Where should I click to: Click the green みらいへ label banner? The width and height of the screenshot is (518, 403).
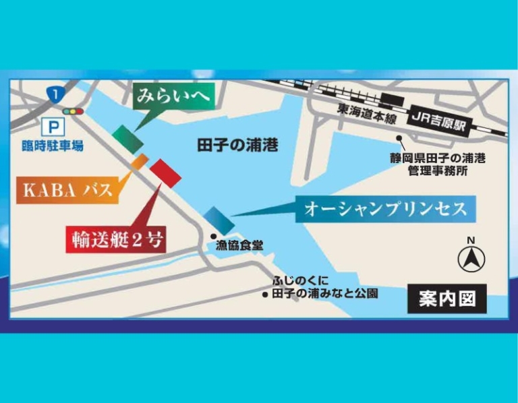click(x=174, y=96)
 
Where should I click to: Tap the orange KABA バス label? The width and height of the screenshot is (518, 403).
click(x=67, y=190)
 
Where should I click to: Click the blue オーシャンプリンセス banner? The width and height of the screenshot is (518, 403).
click(x=385, y=209)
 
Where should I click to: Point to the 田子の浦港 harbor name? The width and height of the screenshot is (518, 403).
click(x=237, y=145)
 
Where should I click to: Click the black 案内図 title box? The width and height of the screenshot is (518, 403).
click(x=447, y=300)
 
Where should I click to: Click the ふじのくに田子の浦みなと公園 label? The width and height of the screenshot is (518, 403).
click(x=324, y=288)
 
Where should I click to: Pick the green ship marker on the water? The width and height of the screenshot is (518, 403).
click(x=127, y=139)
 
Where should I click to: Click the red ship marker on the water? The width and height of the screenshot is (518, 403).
click(x=165, y=173)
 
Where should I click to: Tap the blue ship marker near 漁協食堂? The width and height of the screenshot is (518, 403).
click(x=219, y=220)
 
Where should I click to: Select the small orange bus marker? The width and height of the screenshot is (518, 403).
click(x=140, y=161)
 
